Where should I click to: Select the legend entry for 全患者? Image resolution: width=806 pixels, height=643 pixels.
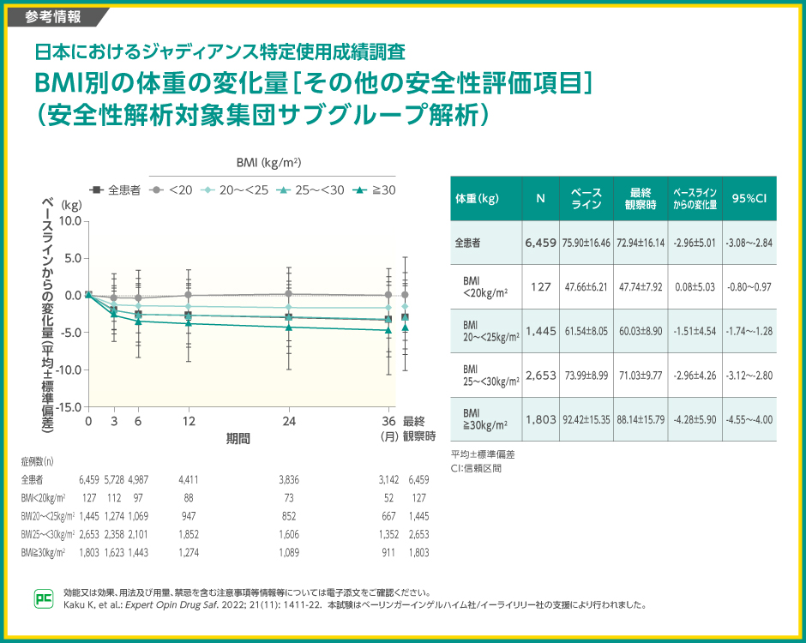tap(117, 190)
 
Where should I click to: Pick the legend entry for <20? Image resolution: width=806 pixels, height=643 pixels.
tap(174, 190)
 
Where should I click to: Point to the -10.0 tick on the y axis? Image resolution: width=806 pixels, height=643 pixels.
tap(70, 370)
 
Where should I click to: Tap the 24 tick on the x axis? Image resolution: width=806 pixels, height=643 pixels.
tap(289, 422)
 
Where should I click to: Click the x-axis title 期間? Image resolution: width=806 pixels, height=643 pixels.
tap(238, 438)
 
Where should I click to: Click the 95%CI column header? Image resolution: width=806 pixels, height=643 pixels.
tap(749, 199)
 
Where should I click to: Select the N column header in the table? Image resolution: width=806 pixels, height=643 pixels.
tap(541, 199)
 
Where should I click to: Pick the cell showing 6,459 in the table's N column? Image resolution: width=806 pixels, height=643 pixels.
tap(541, 243)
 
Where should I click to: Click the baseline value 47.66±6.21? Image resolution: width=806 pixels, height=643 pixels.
tap(586, 286)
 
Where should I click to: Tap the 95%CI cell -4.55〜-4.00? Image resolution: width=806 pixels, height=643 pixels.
tap(749, 419)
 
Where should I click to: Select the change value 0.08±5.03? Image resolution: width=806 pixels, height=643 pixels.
tap(694, 286)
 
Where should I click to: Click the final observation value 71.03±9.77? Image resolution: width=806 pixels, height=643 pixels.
tap(641, 375)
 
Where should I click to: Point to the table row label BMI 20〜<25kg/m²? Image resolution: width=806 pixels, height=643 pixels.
tap(486, 331)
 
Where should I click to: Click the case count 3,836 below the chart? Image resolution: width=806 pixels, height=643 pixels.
tap(289, 479)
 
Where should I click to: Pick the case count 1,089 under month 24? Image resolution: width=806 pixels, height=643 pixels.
tap(289, 553)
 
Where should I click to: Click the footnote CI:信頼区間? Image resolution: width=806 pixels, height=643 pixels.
tap(476, 468)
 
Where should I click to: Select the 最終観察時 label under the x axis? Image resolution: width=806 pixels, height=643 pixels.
tap(419, 429)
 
